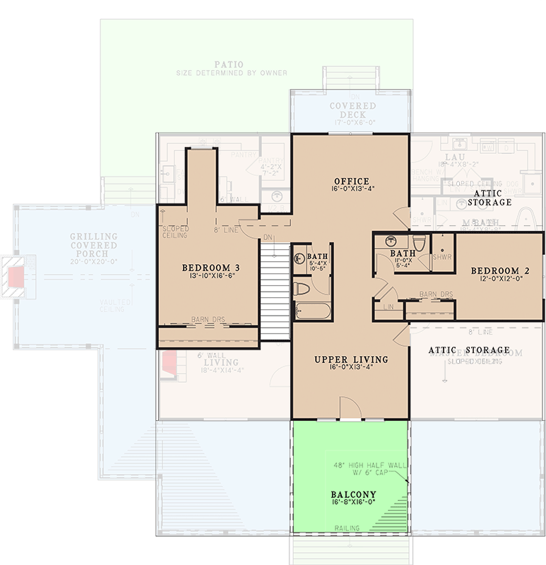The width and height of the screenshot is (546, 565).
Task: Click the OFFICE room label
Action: pyautogui.click(x=351, y=182)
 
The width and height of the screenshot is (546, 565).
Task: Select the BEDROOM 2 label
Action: pyautogui.click(x=500, y=270)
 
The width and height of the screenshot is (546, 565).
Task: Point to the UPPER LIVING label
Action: pyautogui.click(x=351, y=359)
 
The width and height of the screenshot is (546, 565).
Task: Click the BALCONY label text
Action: pyautogui.click(x=353, y=494)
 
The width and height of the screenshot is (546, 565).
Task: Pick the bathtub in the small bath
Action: pyautogui.click(x=312, y=311)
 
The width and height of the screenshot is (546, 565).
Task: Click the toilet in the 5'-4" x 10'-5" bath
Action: pyautogui.click(x=302, y=288)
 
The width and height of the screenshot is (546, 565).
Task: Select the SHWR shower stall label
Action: pyautogui.click(x=442, y=257)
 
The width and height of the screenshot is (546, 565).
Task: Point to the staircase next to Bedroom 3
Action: pyautogui.click(x=275, y=290)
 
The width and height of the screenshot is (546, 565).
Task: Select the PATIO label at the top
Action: pyautogui.click(x=232, y=64)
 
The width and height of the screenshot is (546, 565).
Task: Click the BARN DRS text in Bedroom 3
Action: pyautogui.click(x=207, y=320)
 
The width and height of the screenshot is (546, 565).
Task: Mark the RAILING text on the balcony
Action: pyautogui.click(x=348, y=528)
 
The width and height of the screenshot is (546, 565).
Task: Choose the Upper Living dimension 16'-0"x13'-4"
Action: pyautogui.click(x=351, y=369)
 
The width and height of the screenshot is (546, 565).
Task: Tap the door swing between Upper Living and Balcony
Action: pyautogui.click(x=350, y=408)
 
